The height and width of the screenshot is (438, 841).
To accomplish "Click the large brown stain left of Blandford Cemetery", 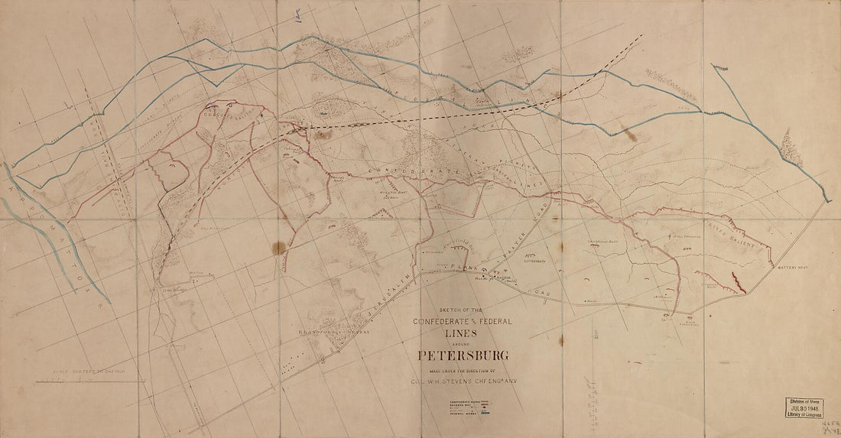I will pyautogui.click(x=281, y=247).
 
